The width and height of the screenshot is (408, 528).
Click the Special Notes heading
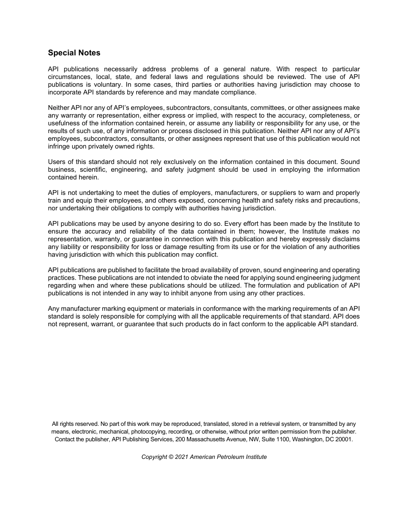coord(74,53)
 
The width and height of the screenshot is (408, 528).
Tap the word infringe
coord(60,146)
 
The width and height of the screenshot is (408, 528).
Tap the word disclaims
coord(346,239)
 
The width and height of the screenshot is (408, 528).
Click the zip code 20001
coord(344,439)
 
